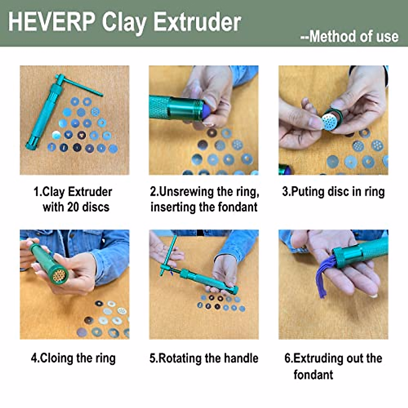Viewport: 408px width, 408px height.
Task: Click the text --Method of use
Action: [x=349, y=37]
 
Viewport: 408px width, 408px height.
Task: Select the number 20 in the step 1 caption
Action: [x=73, y=207]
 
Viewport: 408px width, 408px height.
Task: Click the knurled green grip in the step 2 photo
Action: [x=160, y=107]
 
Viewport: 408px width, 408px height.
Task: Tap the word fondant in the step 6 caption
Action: [x=313, y=375]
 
